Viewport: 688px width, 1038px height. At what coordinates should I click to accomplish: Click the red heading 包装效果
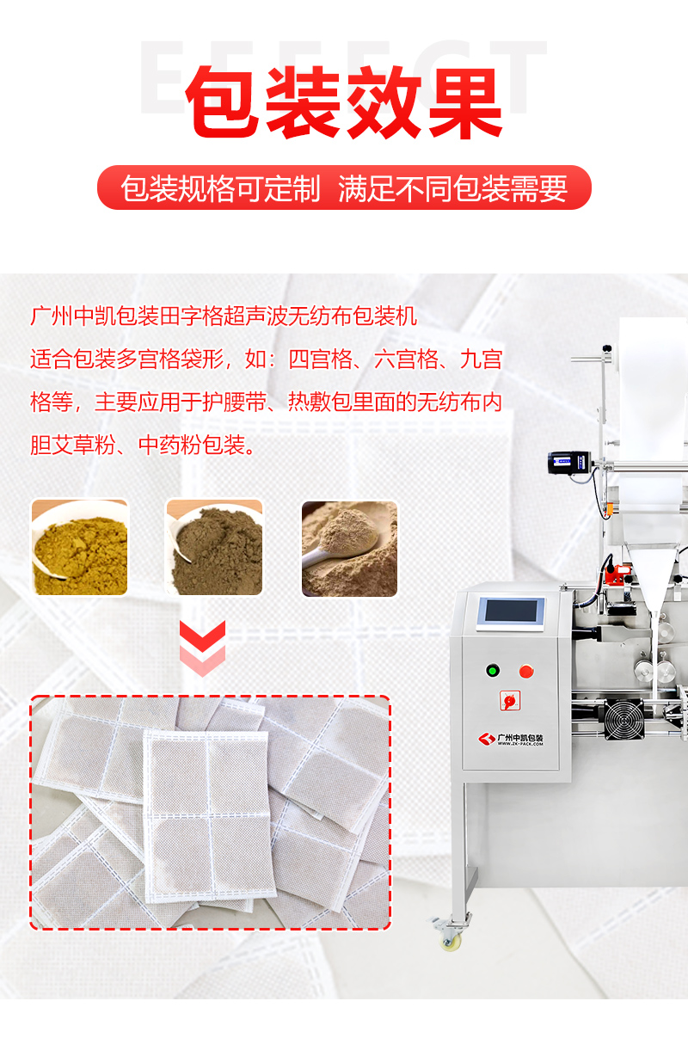tap(344, 102)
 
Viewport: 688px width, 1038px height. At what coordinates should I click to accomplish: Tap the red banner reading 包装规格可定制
tap(344, 187)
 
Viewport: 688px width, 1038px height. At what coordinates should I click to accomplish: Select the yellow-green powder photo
tap(80, 547)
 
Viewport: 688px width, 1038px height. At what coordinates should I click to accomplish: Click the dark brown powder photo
tap(214, 547)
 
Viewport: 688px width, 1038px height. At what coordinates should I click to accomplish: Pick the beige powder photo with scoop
tap(349, 549)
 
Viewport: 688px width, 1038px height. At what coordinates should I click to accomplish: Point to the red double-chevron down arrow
tap(202, 648)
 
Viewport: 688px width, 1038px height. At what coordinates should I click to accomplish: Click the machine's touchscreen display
tap(511, 613)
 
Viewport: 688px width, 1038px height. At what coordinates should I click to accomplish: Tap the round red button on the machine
tap(525, 671)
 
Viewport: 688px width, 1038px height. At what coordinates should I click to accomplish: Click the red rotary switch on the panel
tap(510, 700)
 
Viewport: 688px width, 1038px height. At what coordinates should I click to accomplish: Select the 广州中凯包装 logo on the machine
tap(511, 739)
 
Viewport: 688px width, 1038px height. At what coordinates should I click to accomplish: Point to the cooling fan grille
tap(624, 719)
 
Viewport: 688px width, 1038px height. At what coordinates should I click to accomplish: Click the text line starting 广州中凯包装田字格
tap(224, 316)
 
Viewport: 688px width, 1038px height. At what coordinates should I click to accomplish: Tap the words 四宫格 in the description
tap(321, 359)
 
